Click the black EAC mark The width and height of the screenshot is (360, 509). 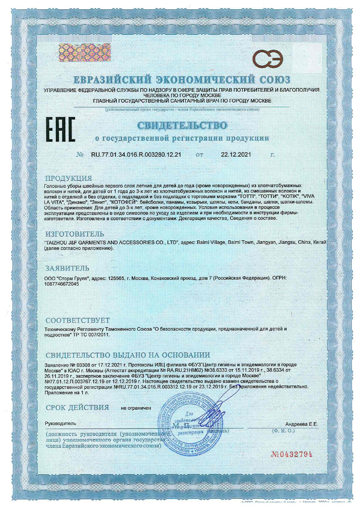click(60, 129)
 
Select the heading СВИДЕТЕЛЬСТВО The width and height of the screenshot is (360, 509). click(182, 125)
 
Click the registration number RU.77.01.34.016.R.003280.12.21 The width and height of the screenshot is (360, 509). click(136, 155)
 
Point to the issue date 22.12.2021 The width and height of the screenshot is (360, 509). click(236, 155)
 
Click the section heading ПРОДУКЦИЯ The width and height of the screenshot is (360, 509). click(69, 178)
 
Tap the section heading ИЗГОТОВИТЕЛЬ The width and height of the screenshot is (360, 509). click(75, 234)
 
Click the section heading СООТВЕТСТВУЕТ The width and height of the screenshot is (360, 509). click(78, 321)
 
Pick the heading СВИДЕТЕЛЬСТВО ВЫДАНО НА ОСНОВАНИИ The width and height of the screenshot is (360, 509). click(128, 355)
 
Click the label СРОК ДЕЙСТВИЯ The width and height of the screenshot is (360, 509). click(78, 408)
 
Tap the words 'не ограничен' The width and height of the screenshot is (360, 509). click(136, 408)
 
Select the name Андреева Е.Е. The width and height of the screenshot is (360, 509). click(301, 424)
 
